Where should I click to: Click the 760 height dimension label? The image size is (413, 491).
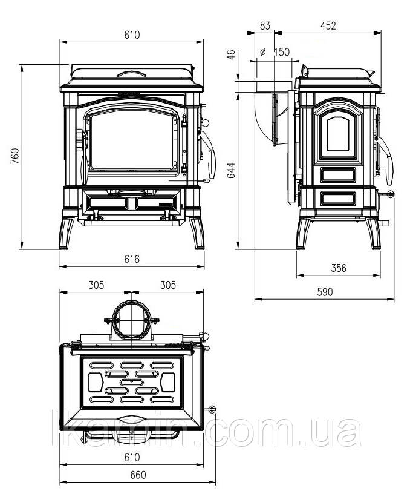tap(15, 156)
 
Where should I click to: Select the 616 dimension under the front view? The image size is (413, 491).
tap(132, 259)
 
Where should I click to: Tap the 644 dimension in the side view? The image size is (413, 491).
tap(231, 170)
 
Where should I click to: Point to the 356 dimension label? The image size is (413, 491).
tap(339, 268)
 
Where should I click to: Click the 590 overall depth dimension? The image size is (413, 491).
tap(325, 292)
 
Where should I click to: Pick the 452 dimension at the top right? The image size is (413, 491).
tap(328, 25)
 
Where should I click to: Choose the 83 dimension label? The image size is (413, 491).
tap(265, 25)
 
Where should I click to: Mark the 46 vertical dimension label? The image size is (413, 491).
tap(231, 54)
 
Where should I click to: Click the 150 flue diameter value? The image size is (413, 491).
tap(282, 52)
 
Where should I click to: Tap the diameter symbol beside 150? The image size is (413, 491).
tap(262, 51)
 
